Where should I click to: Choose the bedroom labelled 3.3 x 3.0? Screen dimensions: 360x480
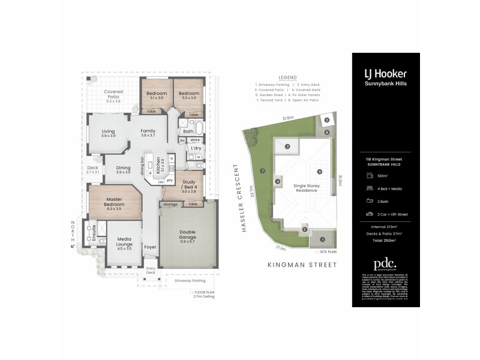tap(188, 96)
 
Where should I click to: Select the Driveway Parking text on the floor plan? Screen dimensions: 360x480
tap(190, 280)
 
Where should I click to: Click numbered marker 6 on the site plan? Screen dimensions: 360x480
tap(320, 172)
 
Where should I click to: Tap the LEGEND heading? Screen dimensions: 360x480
tap(287, 77)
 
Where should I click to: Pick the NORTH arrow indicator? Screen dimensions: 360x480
tap(73, 236)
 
